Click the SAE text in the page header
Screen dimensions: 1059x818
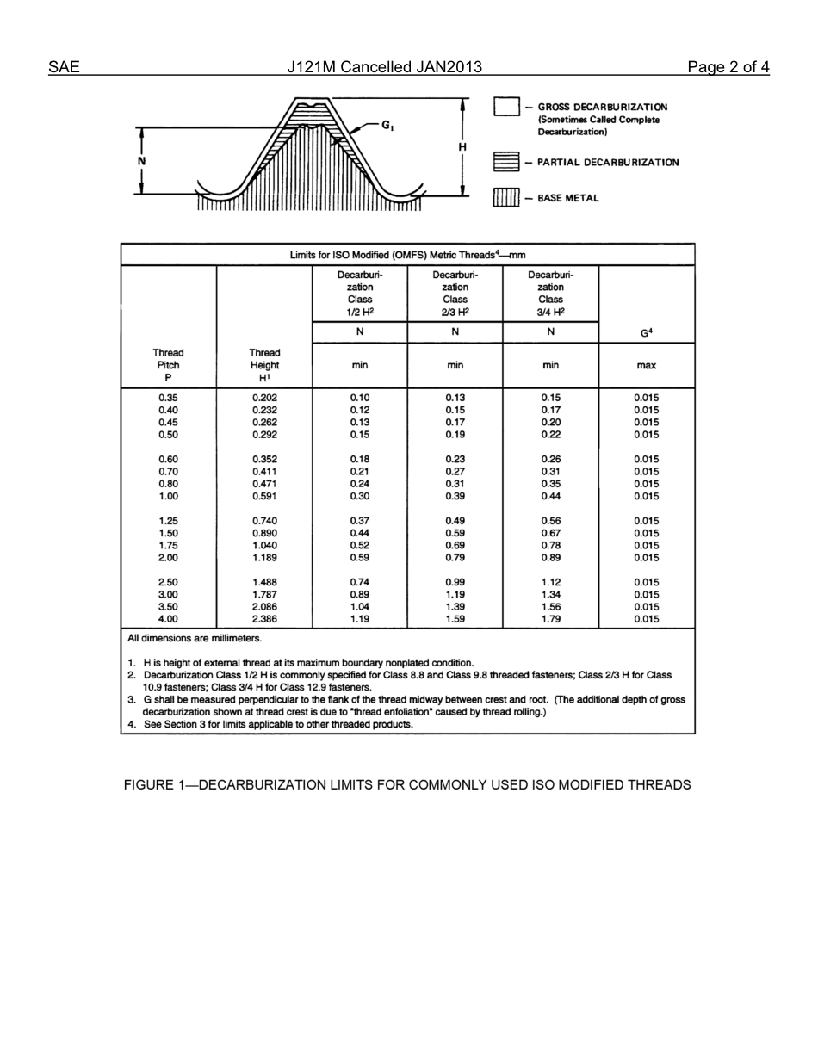[64, 67]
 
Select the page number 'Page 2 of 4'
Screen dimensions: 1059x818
[728, 67]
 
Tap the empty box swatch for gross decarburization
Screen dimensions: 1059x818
[506, 107]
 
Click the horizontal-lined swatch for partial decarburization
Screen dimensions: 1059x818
[506, 162]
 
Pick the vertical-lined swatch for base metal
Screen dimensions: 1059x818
[506, 198]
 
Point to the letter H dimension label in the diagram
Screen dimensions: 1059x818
[462, 147]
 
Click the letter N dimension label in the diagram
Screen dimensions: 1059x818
[141, 161]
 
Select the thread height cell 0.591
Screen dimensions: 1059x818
[264, 496]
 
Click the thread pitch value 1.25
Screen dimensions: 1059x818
[169, 521]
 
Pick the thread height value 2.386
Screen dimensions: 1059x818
[264, 619]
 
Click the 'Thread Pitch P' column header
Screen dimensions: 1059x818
[169, 365]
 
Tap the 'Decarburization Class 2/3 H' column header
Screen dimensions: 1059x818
[455, 293]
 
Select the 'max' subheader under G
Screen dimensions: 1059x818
[646, 365]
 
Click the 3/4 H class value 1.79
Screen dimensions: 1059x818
[550, 619]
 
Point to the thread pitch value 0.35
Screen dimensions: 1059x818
[169, 398]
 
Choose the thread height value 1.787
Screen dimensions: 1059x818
[264, 594]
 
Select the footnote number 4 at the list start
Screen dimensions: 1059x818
[131, 724]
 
